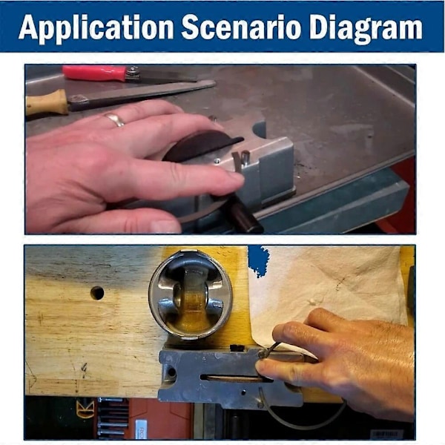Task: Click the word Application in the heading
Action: (96, 28)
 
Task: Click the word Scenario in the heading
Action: (241, 27)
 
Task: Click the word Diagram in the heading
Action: (366, 28)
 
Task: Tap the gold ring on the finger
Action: (114, 119)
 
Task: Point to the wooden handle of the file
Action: (47, 103)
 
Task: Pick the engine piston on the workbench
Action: (191, 295)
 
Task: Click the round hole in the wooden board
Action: (97, 293)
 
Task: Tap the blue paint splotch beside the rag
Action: (259, 261)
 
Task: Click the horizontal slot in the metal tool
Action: (235, 378)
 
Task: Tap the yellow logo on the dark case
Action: (85, 409)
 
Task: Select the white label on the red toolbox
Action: (141, 429)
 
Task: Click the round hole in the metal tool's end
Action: (171, 372)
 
